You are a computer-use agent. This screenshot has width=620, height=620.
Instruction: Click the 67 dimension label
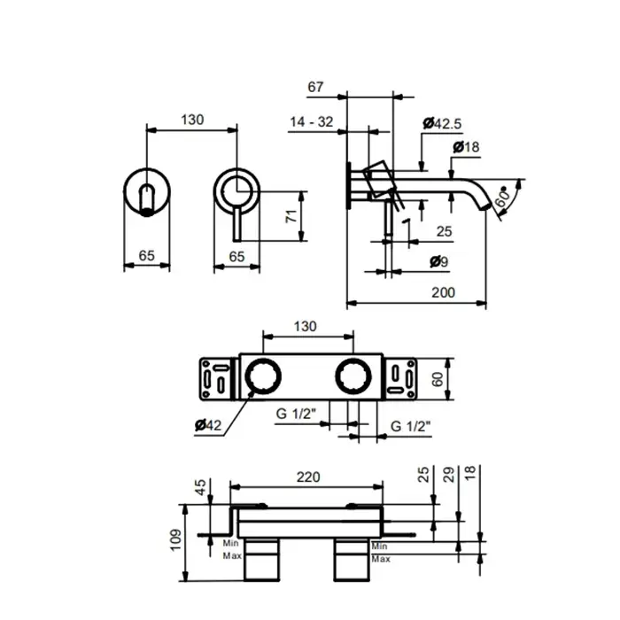(315, 87)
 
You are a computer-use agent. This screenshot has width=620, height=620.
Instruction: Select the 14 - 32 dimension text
(312, 122)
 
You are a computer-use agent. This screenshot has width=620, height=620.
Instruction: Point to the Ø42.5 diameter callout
(442, 123)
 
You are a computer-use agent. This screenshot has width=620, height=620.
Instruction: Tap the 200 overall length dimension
(443, 292)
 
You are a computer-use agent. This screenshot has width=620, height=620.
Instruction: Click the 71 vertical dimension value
(291, 216)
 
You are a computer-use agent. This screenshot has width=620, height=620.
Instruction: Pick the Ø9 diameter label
(439, 261)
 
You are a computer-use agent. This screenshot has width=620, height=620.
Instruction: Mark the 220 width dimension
(308, 477)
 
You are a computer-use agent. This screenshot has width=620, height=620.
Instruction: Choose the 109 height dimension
(175, 540)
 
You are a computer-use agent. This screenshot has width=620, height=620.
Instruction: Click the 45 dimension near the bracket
(200, 487)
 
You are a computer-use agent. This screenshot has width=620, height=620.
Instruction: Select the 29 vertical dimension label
(449, 474)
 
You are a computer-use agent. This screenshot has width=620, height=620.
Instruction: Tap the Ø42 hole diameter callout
(208, 425)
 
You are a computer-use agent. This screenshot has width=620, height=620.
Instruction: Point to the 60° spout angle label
(503, 197)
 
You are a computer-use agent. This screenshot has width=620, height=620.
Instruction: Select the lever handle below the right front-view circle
(236, 224)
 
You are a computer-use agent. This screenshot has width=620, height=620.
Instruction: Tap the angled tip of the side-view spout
(485, 205)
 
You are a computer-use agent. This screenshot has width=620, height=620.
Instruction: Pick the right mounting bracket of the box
(400, 378)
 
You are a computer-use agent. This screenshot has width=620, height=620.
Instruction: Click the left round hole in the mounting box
(263, 376)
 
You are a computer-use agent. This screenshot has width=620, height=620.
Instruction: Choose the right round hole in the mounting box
(353, 376)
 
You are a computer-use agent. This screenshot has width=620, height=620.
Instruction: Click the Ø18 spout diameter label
(466, 147)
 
